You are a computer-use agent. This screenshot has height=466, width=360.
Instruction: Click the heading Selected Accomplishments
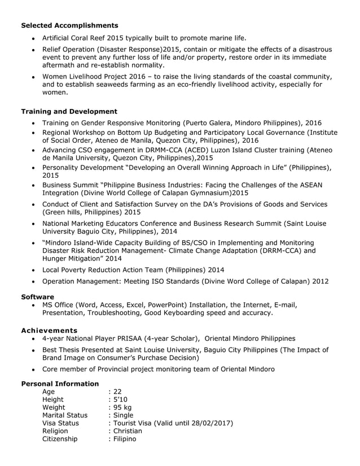[x=69, y=25]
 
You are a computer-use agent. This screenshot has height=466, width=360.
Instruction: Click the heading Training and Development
[x=69, y=112]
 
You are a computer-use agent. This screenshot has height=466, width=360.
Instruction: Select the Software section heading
[x=37, y=297]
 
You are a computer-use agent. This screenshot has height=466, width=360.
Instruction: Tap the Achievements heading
[x=49, y=330]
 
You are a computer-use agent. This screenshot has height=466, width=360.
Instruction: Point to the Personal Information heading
[x=60, y=384]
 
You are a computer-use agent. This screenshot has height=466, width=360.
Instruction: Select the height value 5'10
[x=118, y=400]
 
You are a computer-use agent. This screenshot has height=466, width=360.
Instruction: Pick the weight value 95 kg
[x=121, y=408]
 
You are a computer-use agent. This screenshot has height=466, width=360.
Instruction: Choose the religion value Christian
[x=127, y=430]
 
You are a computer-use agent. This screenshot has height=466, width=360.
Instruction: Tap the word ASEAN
[x=318, y=185]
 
